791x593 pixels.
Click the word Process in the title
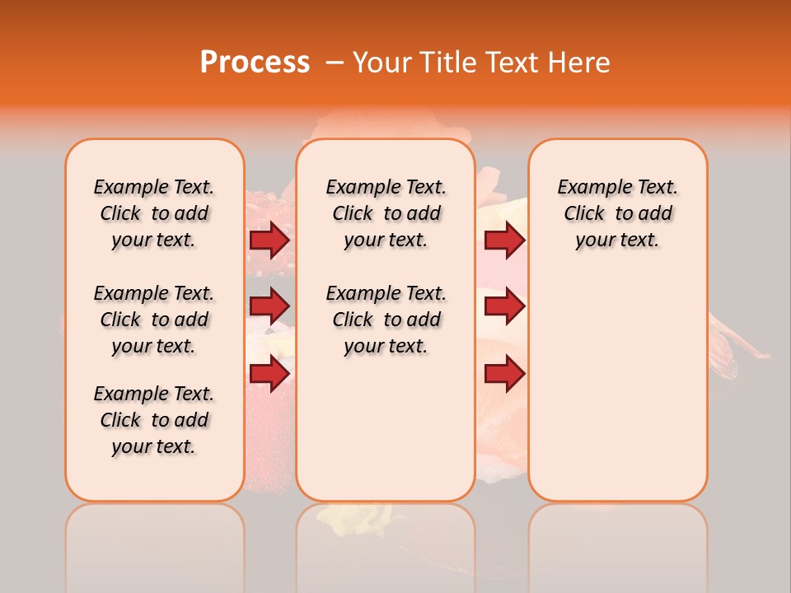tap(255, 63)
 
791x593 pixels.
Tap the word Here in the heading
tap(578, 63)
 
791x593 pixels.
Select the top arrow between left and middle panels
tap(269, 240)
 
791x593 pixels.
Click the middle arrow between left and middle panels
tap(269, 306)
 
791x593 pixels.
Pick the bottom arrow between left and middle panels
tap(269, 374)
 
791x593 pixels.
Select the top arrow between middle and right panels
tap(504, 240)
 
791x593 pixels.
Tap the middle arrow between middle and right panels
tap(504, 306)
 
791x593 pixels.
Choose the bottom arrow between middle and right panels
tap(504, 374)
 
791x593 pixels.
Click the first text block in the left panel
tap(154, 213)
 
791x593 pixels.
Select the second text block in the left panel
tap(154, 320)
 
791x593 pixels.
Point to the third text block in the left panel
tap(154, 420)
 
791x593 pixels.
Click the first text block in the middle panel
tap(386, 213)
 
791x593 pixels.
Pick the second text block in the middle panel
tap(386, 320)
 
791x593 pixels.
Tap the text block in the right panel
tap(617, 213)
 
